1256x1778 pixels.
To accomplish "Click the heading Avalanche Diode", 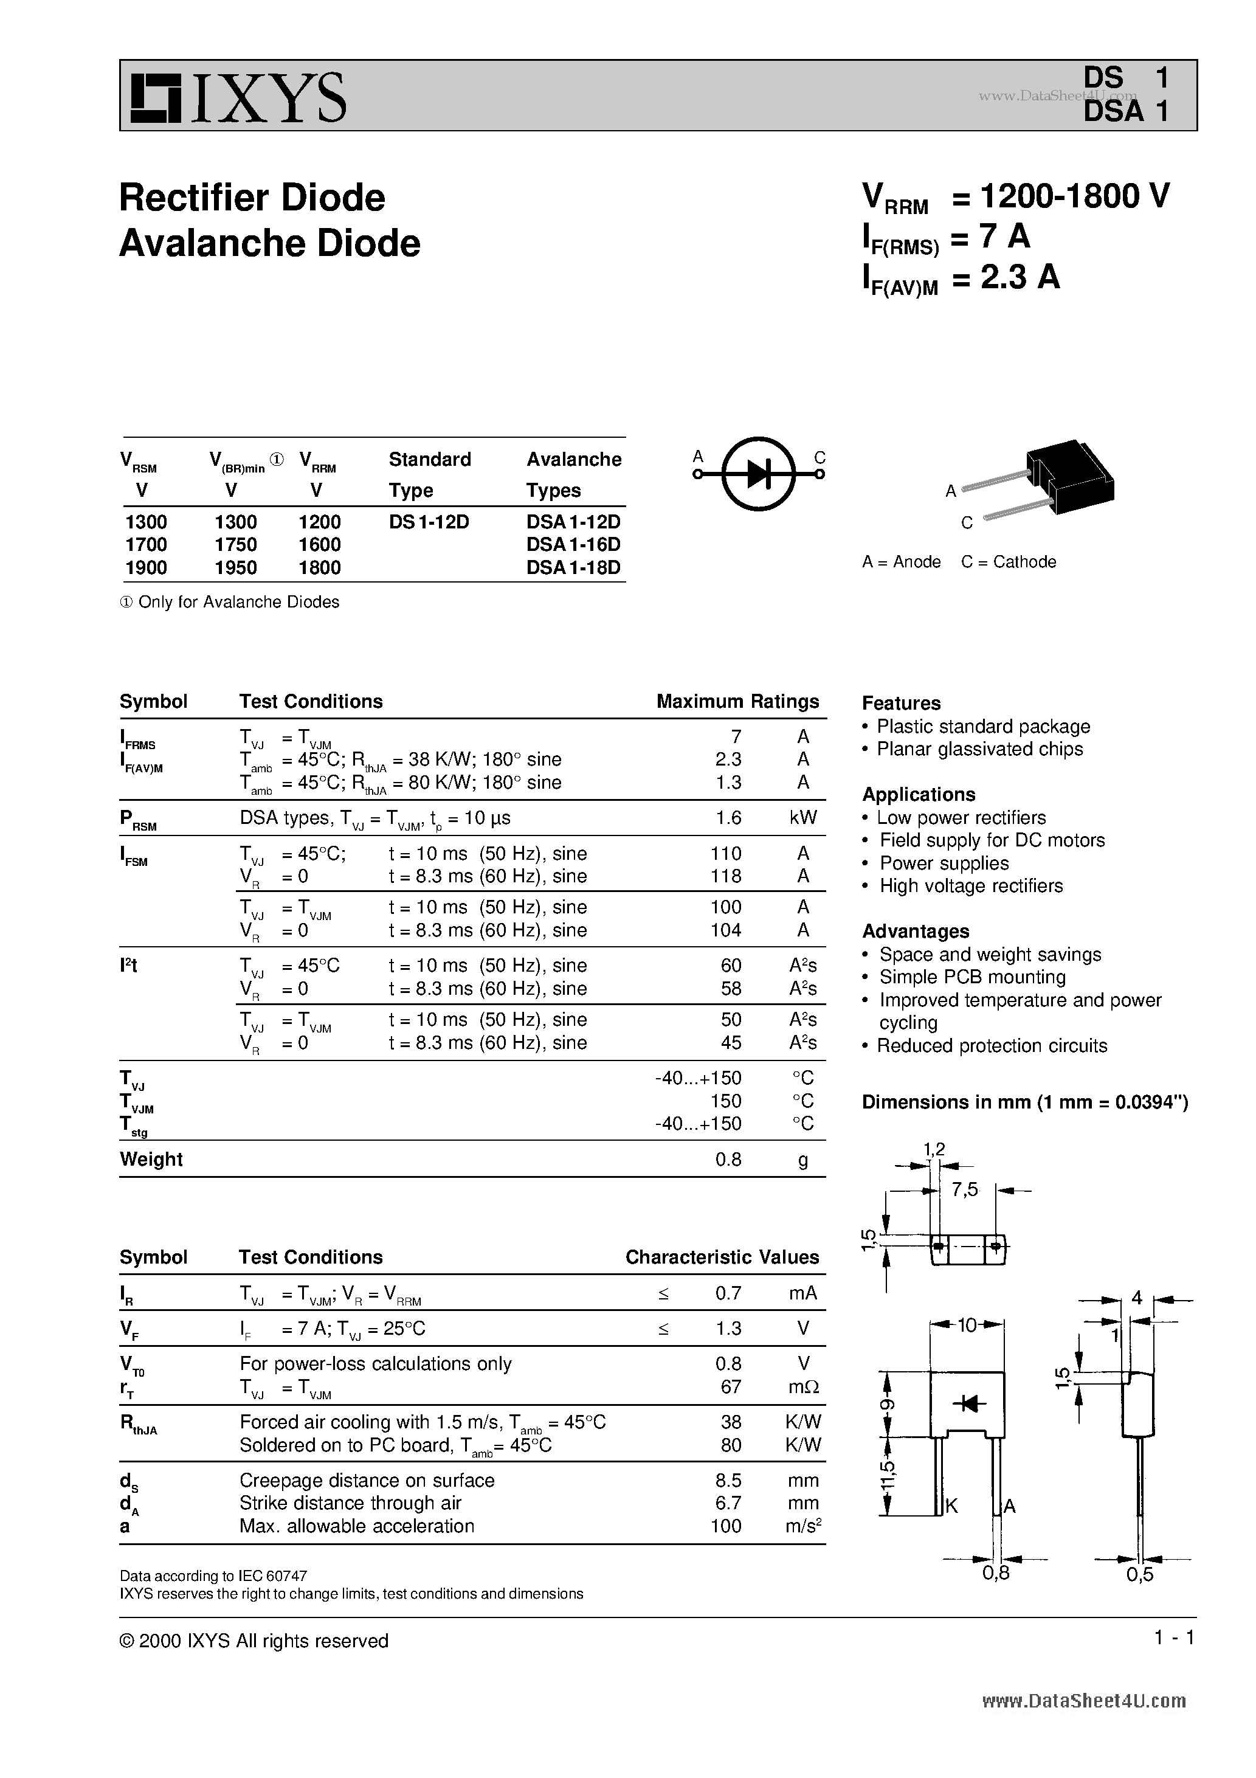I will (x=269, y=243).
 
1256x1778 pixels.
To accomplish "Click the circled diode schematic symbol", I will (x=759, y=474).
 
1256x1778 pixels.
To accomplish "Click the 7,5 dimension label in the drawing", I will (x=965, y=1190).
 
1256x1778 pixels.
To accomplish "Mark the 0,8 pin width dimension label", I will (x=995, y=1573).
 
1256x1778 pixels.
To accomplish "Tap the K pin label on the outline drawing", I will (x=951, y=1506).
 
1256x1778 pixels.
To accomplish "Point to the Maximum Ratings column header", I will (x=737, y=702).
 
